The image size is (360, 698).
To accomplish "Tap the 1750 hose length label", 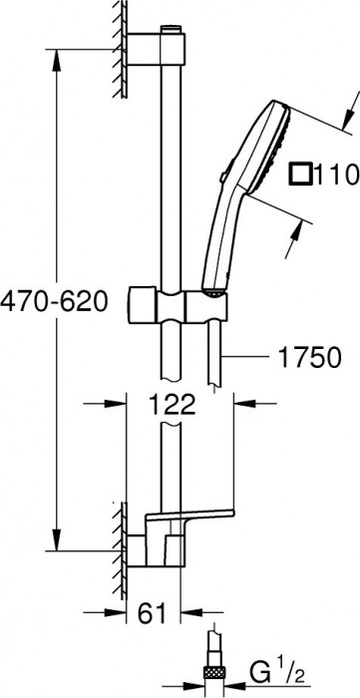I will coord(309,356).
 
